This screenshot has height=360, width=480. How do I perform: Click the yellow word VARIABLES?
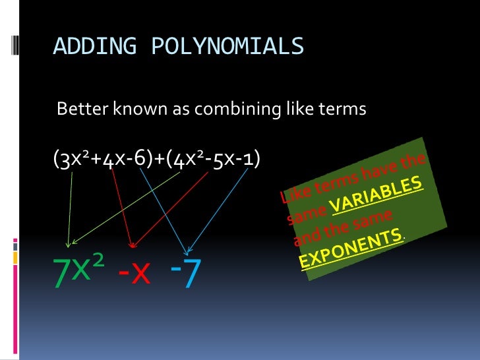click(378, 197)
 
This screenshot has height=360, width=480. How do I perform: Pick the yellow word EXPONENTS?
click(351, 249)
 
